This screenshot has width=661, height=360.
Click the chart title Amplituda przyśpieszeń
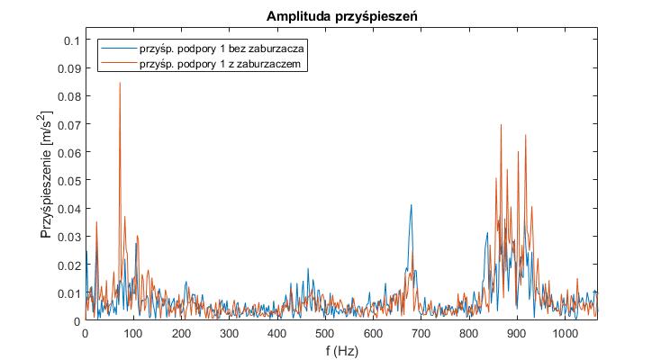tap(340, 17)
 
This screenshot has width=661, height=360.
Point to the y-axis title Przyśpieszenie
tap(47, 180)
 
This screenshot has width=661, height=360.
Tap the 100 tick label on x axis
tap(133, 333)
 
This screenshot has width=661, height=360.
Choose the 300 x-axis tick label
tap(229, 333)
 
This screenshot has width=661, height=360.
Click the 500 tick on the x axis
tap(325, 333)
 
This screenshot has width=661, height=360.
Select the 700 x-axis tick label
tap(421, 333)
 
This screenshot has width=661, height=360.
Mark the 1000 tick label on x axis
tap(565, 333)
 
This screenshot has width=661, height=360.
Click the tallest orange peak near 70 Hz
tap(120, 83)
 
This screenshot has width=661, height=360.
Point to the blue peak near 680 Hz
tap(412, 205)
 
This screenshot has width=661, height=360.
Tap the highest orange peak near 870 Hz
tap(501, 125)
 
